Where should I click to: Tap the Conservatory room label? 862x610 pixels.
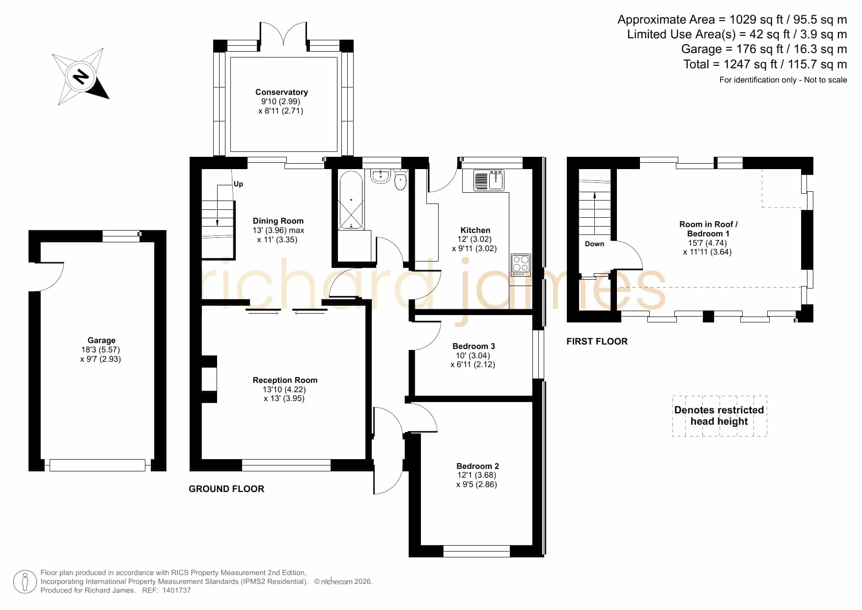[281, 92]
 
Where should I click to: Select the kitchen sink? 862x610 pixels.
[489, 180]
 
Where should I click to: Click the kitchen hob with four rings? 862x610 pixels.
[521, 264]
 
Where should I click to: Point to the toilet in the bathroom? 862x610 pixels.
[401, 180]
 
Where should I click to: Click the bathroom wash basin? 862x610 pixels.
[380, 176]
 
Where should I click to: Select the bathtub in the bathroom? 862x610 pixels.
[351, 200]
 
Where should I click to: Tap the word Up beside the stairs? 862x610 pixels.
[238, 184]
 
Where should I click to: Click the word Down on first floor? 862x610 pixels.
[594, 244]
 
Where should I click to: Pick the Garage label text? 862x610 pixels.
[102, 340]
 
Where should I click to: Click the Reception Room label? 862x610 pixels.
[285, 380]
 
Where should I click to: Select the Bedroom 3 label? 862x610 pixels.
[473, 346]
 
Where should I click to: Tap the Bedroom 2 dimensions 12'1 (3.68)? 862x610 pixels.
[476, 475]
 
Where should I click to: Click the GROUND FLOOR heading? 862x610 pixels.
[226, 489]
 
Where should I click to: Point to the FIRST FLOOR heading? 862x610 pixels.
[597, 341]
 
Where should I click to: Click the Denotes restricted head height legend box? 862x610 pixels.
[720, 416]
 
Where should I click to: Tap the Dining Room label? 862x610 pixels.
[278, 221]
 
